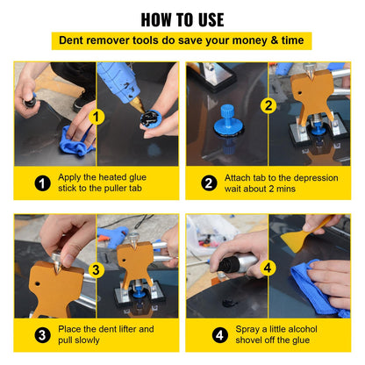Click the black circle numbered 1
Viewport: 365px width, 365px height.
[41, 184]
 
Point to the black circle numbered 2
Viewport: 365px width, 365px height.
[209, 184]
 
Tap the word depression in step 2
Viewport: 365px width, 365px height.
[311, 177]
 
